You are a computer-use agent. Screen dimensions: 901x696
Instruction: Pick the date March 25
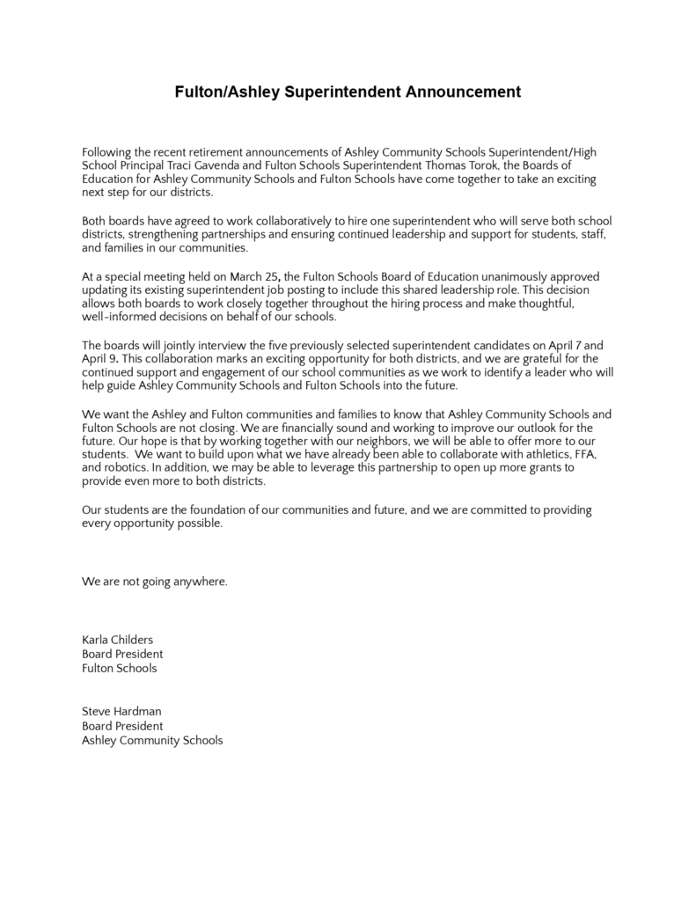pos(255,277)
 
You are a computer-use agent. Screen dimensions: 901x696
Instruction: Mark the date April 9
pos(99,359)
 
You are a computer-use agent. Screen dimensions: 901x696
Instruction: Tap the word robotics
pos(125,468)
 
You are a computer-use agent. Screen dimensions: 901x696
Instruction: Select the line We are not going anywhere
pos(155,582)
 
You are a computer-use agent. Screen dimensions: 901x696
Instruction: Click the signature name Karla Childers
pos(117,640)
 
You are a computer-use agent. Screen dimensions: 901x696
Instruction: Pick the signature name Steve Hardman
pos(121,711)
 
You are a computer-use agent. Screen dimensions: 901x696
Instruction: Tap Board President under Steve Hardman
pos(122,726)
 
